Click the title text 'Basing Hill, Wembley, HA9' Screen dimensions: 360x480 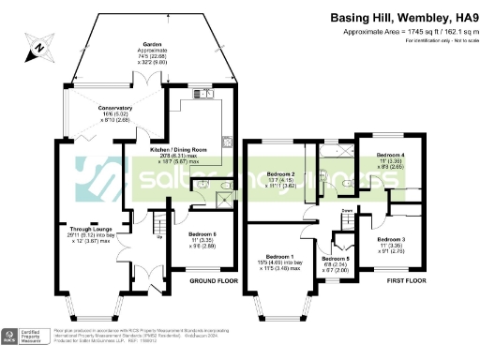(405, 17)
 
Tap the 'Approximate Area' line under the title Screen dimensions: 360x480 (405, 31)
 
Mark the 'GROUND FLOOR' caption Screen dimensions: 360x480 (211, 280)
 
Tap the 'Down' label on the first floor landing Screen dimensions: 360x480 (346, 211)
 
